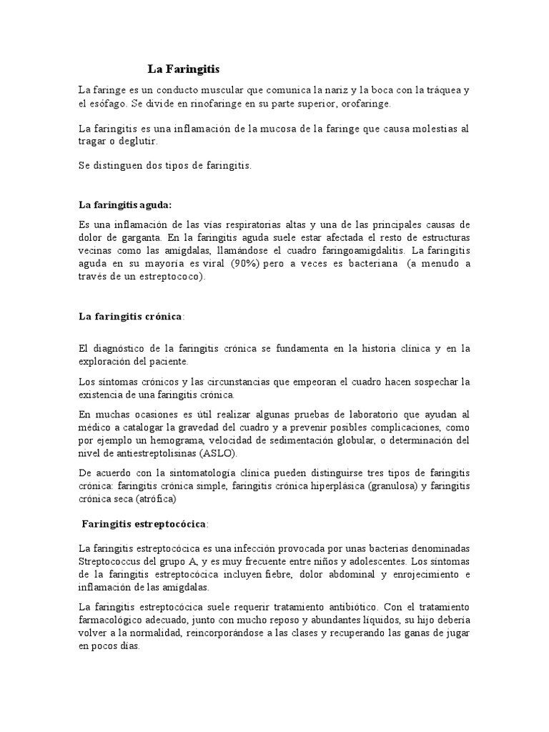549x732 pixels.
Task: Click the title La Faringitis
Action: (x=184, y=69)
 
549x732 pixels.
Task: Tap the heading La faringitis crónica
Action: (x=131, y=316)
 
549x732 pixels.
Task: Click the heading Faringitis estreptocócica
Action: (x=144, y=525)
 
